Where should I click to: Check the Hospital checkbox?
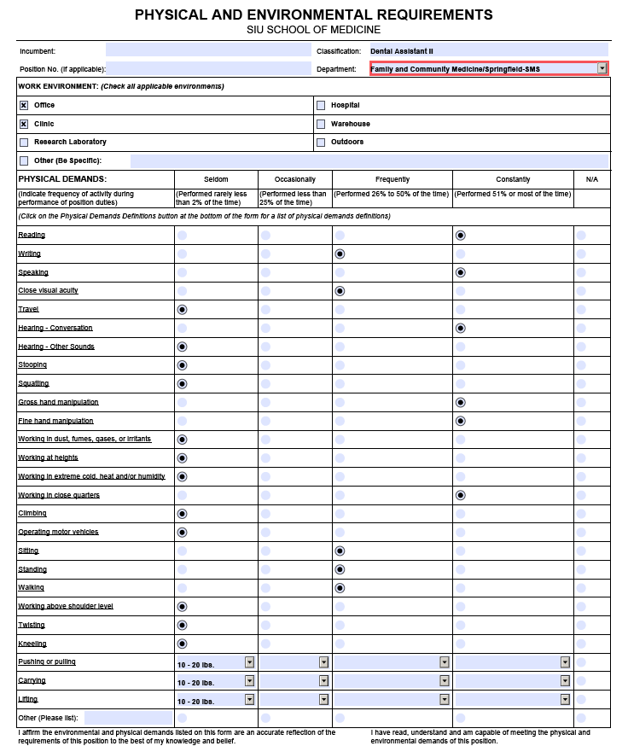[x=321, y=106]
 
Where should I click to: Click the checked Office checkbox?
[x=24, y=106]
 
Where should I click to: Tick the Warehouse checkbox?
[x=321, y=125]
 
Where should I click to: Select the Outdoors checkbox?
[x=321, y=143]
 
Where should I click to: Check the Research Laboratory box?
[x=24, y=143]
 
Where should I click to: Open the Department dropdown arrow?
[x=602, y=68]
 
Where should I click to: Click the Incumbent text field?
[x=208, y=50]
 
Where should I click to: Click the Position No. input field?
[x=208, y=68]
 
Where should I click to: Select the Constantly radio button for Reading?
[x=461, y=235]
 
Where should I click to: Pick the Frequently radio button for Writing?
[x=340, y=254]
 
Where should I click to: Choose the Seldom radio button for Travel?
[x=182, y=309]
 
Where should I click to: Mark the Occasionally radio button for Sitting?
[x=265, y=551]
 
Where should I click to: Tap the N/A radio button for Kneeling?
[x=581, y=644]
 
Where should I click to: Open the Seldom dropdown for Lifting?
[x=249, y=699]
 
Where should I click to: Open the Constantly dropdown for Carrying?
[x=565, y=680]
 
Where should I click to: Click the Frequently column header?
[x=392, y=179]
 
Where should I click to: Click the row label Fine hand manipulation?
[x=55, y=421]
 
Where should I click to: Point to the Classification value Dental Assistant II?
[x=402, y=51]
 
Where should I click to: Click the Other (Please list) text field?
[x=128, y=718]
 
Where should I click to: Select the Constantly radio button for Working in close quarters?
[x=461, y=495]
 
